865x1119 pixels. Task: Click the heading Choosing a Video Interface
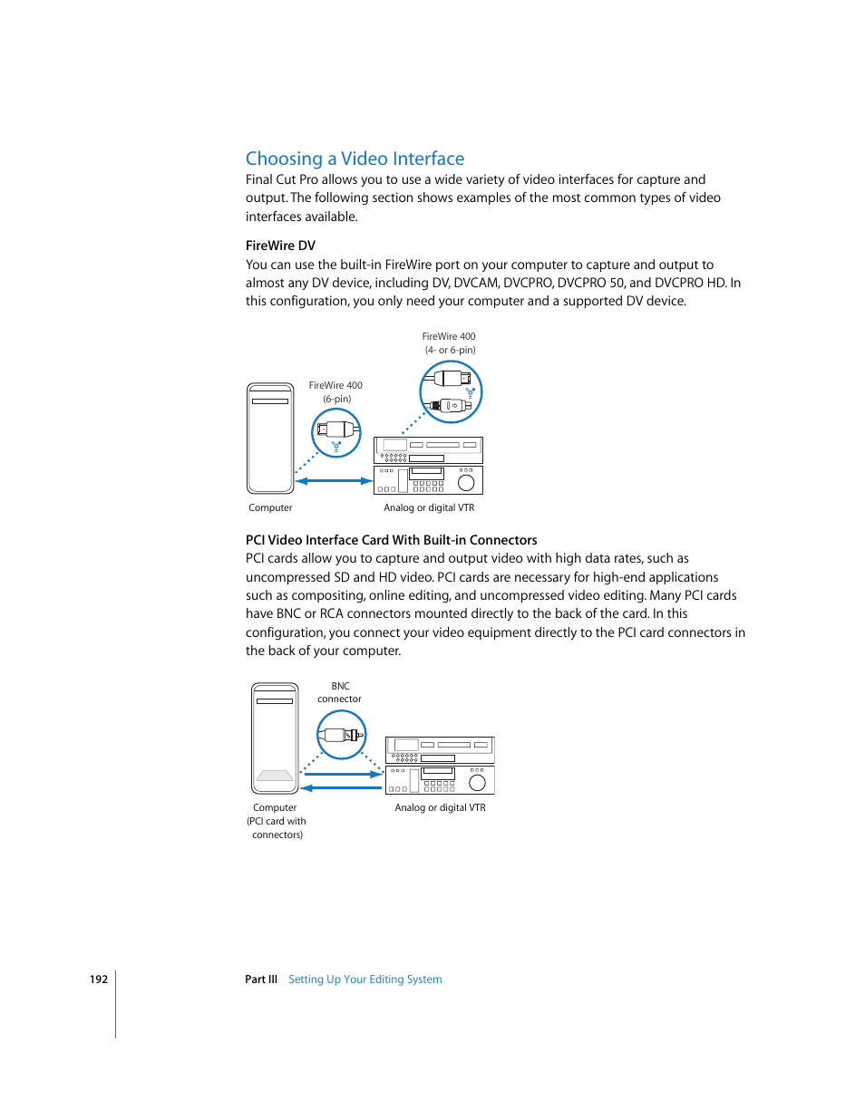(355, 159)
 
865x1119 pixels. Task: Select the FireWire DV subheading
(280, 246)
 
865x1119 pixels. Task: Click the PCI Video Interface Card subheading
(391, 540)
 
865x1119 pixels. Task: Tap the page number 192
(98, 979)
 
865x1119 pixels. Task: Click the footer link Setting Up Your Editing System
(364, 979)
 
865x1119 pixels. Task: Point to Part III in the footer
(261, 979)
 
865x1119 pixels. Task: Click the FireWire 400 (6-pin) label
(335, 391)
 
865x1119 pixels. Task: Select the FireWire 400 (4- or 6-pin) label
(449, 342)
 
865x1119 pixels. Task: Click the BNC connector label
(340, 692)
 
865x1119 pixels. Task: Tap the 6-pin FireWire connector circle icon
(336, 432)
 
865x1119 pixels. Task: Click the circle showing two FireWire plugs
(451, 391)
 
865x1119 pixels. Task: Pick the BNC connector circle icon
(341, 734)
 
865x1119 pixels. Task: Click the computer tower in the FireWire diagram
(270, 439)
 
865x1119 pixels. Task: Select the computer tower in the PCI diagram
(275, 738)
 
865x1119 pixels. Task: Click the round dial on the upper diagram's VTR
(466, 483)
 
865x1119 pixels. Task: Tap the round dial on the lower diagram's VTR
(477, 782)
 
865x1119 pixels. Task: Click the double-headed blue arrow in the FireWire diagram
(334, 481)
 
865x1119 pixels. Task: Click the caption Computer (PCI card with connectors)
(276, 821)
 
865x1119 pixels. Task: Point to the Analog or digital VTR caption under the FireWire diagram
(429, 508)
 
